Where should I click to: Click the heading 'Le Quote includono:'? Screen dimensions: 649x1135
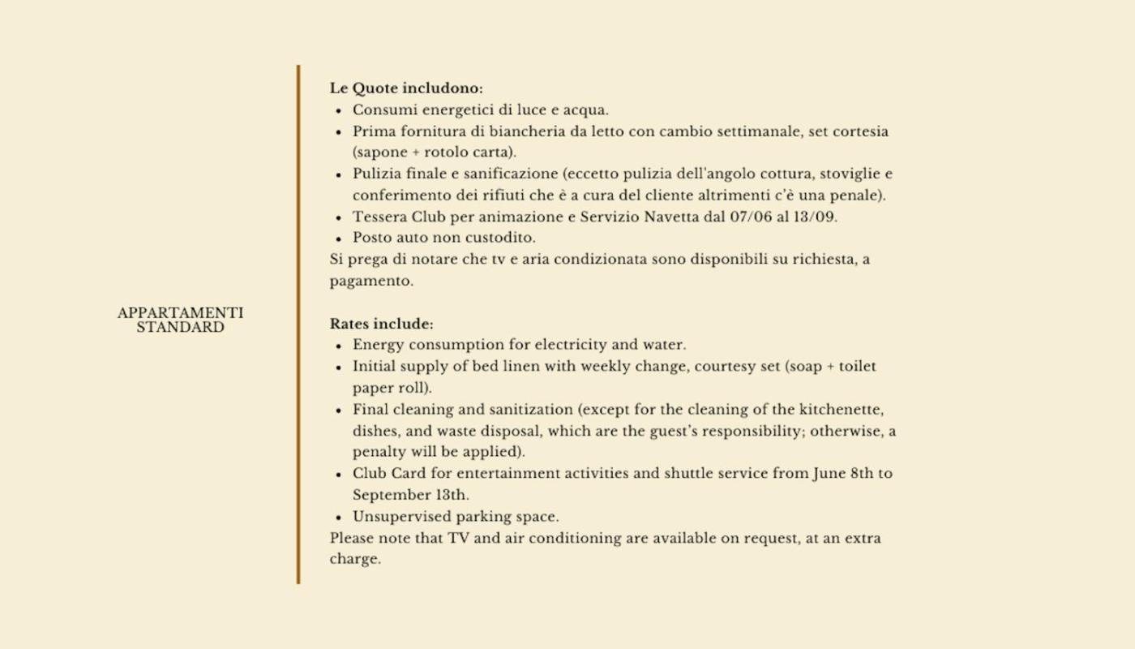click(406, 88)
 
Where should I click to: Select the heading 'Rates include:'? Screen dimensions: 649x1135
click(381, 324)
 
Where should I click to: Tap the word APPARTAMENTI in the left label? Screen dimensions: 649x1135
click(180, 313)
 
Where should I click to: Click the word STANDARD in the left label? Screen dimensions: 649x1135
click(180, 328)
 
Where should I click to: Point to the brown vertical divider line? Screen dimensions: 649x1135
click(298, 324)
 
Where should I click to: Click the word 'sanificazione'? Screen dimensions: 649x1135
click(516, 174)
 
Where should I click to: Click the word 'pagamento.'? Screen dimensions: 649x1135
click(371, 282)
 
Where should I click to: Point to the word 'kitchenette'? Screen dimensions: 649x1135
click(841, 410)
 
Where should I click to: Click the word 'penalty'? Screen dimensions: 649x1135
click(379, 452)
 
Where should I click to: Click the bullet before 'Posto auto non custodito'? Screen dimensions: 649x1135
click(338, 239)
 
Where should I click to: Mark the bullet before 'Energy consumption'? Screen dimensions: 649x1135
click(338, 346)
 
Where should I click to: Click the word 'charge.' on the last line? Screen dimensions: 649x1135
click(355, 560)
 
